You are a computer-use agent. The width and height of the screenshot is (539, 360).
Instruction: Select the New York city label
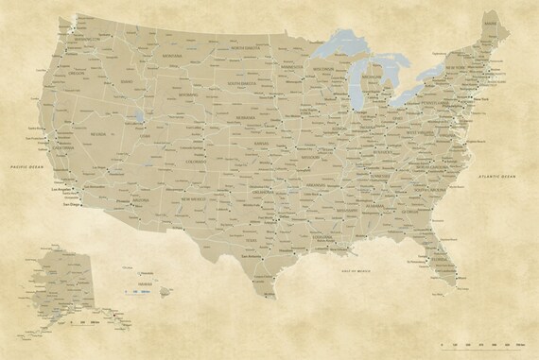(x=479, y=97)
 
